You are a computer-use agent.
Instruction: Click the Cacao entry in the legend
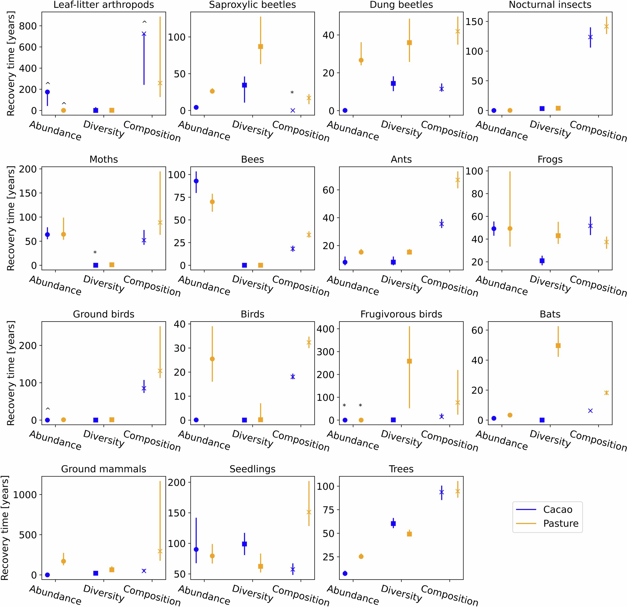click(x=557, y=509)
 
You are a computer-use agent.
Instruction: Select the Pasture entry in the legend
click(x=560, y=523)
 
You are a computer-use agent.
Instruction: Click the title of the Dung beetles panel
click(x=401, y=5)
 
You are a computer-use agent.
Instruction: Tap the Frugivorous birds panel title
click(x=401, y=314)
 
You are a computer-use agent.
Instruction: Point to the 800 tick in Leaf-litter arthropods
click(x=28, y=26)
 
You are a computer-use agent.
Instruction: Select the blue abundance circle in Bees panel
click(x=196, y=181)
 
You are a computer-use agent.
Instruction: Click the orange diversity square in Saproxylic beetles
click(x=260, y=46)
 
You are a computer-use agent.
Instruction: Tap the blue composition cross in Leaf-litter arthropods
click(x=144, y=34)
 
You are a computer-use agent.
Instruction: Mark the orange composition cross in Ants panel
click(x=458, y=180)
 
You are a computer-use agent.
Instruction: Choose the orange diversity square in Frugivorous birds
click(x=409, y=361)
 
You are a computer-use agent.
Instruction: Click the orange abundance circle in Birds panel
click(x=212, y=359)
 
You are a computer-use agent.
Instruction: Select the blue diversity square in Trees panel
click(x=393, y=523)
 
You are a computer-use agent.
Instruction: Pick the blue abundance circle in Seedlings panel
click(x=196, y=549)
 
